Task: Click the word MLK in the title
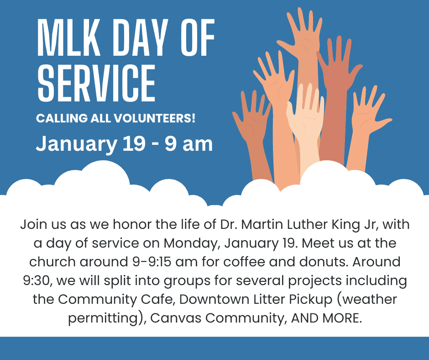click(68, 37)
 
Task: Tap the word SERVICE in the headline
click(97, 83)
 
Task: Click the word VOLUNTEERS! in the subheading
click(155, 118)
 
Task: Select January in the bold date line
click(76, 144)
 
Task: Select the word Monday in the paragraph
click(192, 244)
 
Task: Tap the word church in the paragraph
click(52, 262)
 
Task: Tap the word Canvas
click(176, 318)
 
